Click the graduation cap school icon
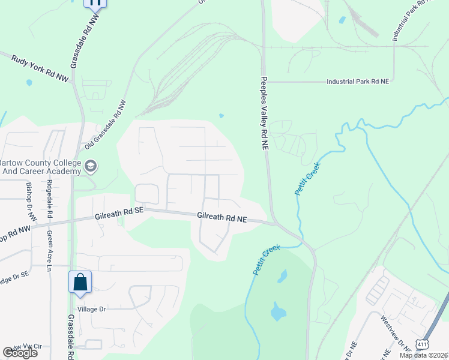91,166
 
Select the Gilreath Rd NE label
222,218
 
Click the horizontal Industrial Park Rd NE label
358,82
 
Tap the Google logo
20,353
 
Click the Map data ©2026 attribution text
424,355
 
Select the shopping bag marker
80,282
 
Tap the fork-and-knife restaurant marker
94,3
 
